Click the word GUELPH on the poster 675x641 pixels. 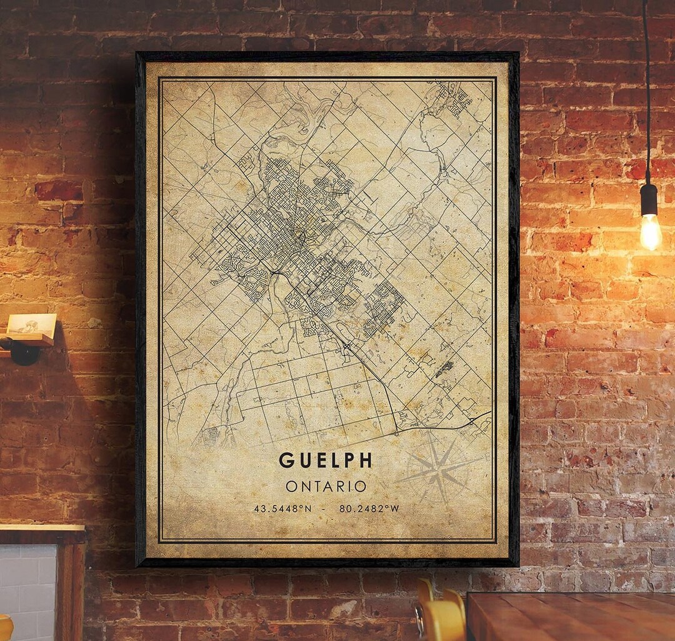click(325, 460)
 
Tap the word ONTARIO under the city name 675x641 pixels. click(326, 486)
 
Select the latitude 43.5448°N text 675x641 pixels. click(282, 508)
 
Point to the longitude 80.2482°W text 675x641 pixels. click(369, 508)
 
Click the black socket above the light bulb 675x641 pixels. click(649, 199)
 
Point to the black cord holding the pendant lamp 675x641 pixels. click(646, 94)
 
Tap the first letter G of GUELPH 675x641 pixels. click(286, 460)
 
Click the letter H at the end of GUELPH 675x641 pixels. click(366, 460)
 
